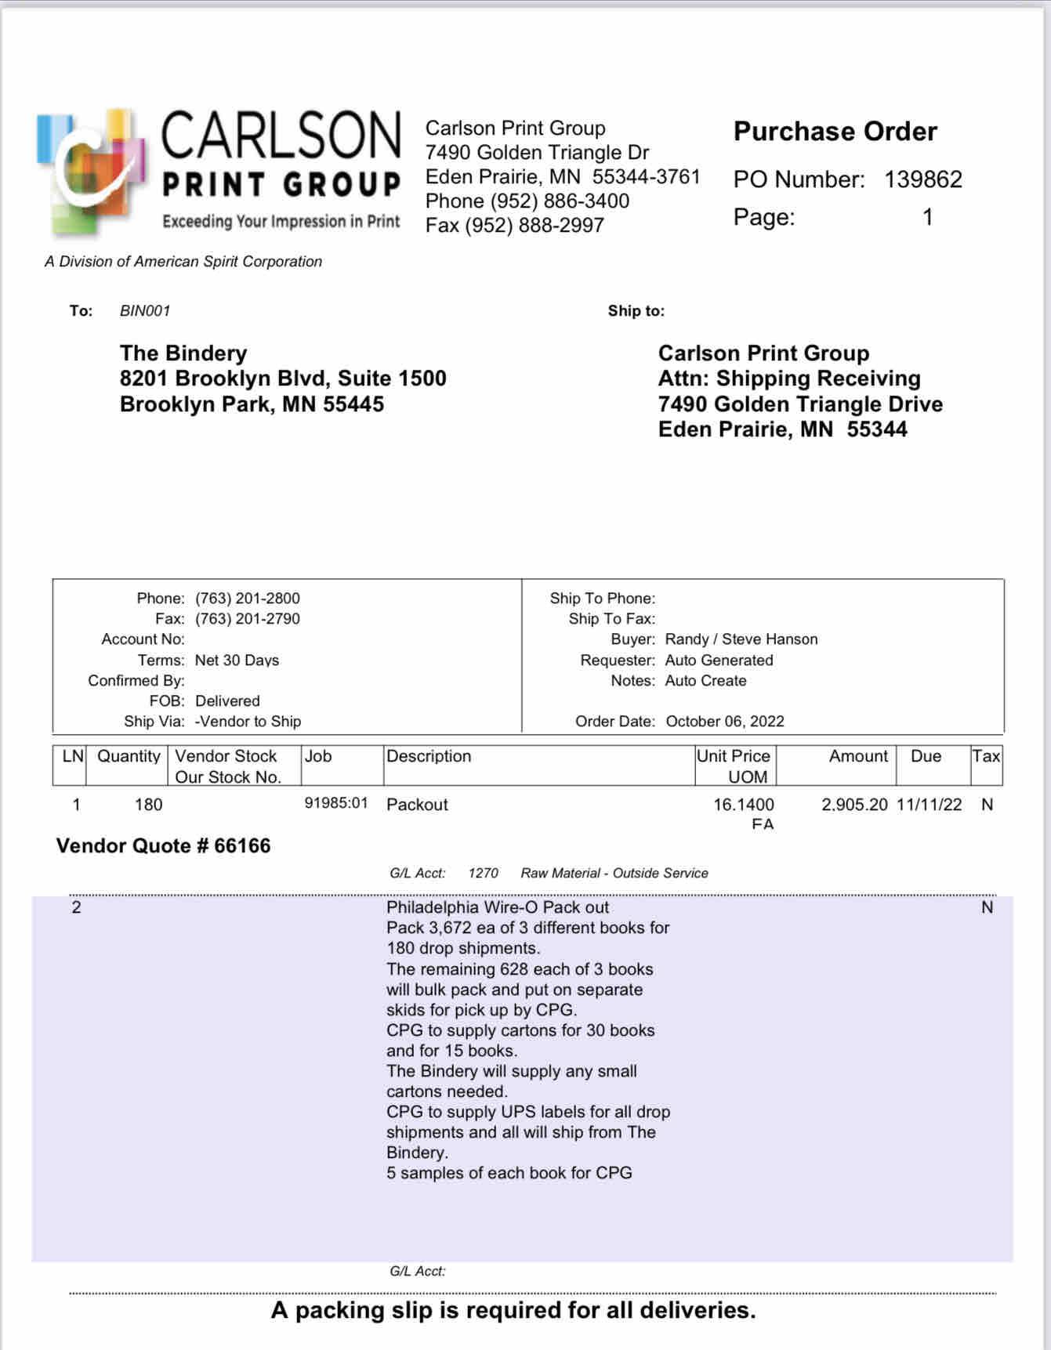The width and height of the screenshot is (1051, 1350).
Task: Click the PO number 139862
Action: click(x=922, y=179)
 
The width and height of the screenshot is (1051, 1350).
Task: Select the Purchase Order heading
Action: click(x=835, y=132)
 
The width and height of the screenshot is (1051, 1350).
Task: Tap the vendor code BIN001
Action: click(x=145, y=311)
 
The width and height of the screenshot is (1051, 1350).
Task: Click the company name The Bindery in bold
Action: click(x=183, y=353)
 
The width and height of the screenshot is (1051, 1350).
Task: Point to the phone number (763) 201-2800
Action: click(x=248, y=599)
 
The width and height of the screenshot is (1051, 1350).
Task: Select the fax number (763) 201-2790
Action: click(x=248, y=619)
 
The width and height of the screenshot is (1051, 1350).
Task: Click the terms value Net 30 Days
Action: click(x=237, y=661)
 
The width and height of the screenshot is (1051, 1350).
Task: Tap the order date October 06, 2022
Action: click(x=725, y=722)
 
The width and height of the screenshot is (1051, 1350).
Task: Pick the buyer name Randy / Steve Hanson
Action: click(x=741, y=639)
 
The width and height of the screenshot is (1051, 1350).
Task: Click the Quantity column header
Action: click(x=129, y=756)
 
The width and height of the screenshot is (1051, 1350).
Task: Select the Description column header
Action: click(x=429, y=756)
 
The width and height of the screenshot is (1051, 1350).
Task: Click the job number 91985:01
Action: click(x=336, y=803)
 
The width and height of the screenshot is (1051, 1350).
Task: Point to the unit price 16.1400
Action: click(x=743, y=805)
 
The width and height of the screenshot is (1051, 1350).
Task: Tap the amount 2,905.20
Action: click(x=854, y=805)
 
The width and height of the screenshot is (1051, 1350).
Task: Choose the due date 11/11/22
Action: click(x=929, y=805)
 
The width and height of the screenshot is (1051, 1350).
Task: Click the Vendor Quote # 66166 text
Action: click(x=163, y=846)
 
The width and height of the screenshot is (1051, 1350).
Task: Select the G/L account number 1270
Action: click(x=483, y=873)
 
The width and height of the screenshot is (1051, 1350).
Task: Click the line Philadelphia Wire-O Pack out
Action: click(x=498, y=907)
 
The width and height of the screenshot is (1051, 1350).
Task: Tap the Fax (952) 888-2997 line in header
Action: click(x=515, y=226)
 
